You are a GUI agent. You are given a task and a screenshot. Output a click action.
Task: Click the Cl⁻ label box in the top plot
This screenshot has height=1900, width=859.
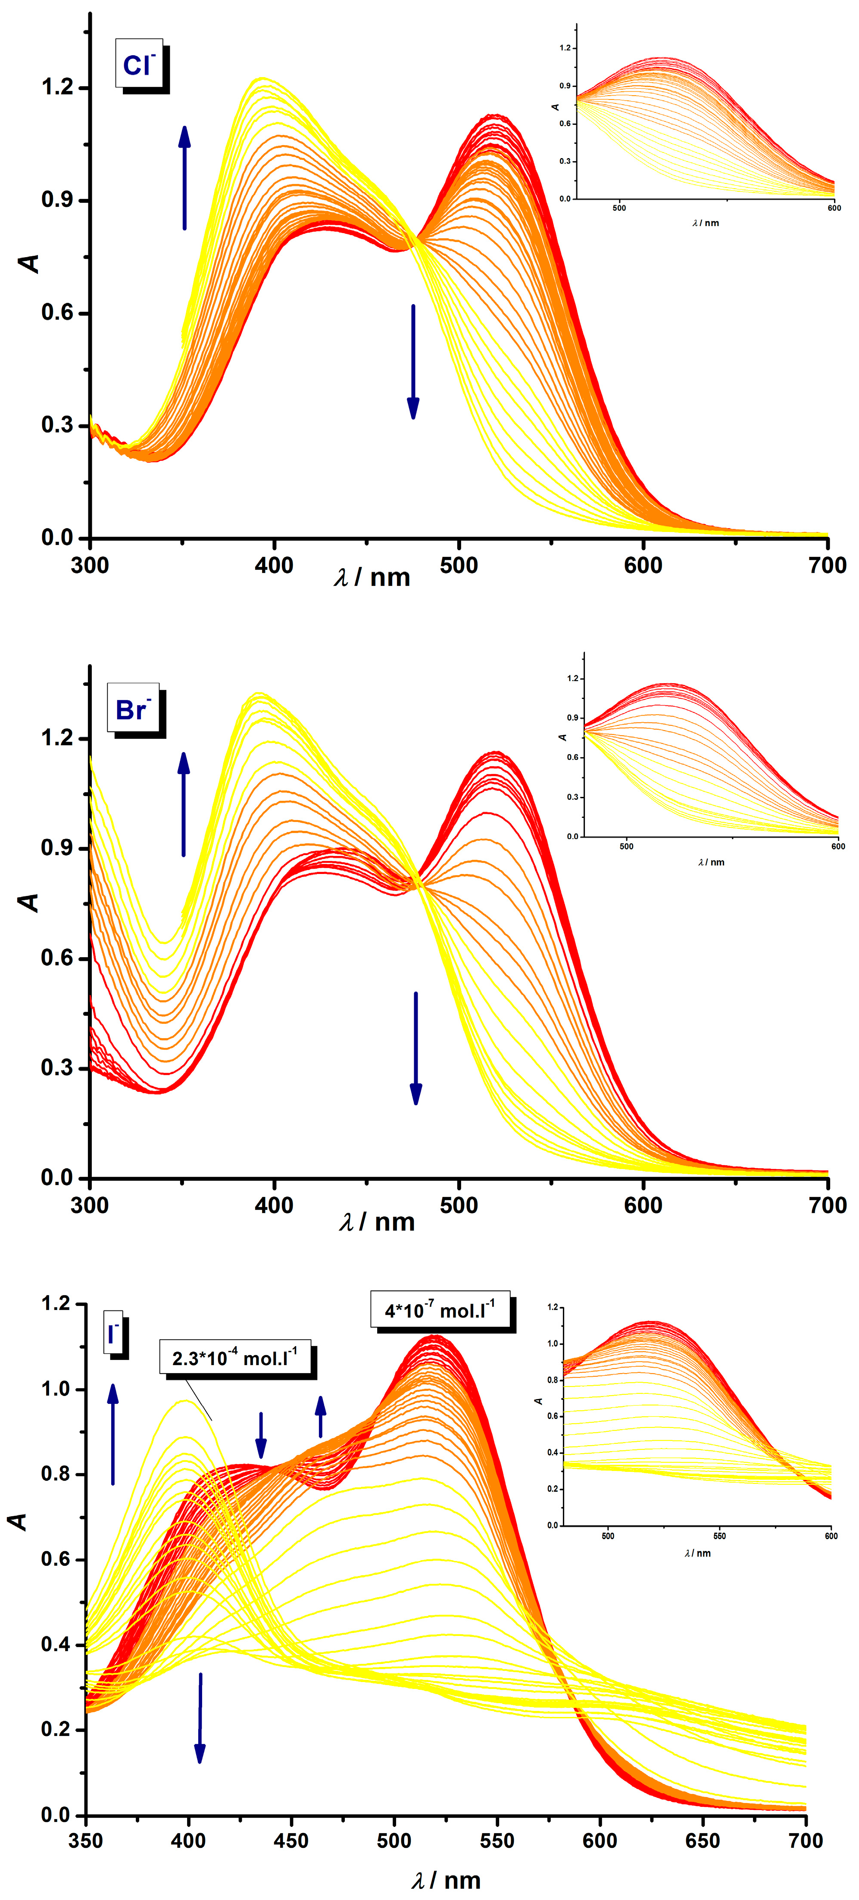[x=139, y=64]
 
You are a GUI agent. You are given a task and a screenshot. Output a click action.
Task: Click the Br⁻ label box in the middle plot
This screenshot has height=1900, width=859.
[x=133, y=708]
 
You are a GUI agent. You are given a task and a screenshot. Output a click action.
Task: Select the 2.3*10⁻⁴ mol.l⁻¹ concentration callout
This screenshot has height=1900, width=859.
[x=234, y=1358]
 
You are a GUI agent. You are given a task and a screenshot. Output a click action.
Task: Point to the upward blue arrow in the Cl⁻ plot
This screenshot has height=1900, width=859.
[x=184, y=177]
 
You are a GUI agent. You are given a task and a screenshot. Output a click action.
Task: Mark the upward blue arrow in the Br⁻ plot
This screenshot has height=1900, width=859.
[x=184, y=804]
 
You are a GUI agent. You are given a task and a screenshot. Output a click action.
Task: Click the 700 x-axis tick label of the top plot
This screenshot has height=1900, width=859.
[x=827, y=566]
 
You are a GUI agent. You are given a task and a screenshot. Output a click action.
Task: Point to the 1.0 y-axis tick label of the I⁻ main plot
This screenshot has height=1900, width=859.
[x=55, y=1389]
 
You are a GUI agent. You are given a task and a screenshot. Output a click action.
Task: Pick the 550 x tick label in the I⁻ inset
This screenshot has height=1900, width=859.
[x=719, y=1536]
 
